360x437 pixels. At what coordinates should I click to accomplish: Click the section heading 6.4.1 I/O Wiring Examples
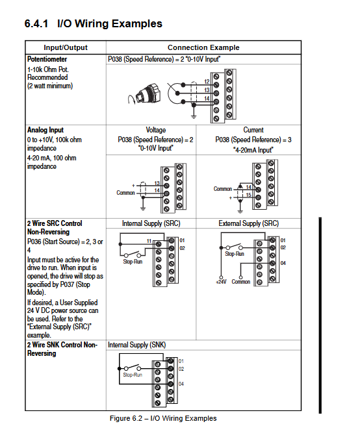(x=93, y=23)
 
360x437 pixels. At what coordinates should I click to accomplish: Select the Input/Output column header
(x=66, y=47)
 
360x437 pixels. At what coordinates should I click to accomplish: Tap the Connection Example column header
(x=203, y=47)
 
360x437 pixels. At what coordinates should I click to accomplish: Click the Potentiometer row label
(x=47, y=59)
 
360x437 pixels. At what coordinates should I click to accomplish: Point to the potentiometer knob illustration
(x=144, y=94)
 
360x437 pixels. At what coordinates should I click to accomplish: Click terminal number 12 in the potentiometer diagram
(x=207, y=82)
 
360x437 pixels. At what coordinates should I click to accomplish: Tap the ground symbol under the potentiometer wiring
(x=194, y=116)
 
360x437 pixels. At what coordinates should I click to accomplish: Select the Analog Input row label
(x=45, y=130)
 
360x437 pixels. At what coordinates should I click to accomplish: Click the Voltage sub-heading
(x=155, y=130)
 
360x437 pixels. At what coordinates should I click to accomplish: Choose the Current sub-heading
(x=253, y=130)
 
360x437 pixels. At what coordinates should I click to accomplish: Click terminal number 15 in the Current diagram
(x=248, y=195)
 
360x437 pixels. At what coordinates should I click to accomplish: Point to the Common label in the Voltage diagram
(x=125, y=193)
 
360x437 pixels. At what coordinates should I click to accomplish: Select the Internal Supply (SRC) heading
(x=151, y=223)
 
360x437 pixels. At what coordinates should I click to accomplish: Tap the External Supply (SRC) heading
(x=248, y=223)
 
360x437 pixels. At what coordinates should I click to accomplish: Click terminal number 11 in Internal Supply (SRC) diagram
(x=149, y=241)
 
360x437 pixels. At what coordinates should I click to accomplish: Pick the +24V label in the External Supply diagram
(x=221, y=282)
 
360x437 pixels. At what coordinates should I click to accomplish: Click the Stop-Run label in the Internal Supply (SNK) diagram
(x=133, y=375)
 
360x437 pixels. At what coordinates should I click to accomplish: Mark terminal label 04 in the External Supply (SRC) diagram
(x=283, y=263)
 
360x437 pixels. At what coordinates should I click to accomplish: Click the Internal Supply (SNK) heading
(x=137, y=345)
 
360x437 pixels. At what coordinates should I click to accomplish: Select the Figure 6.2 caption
(x=163, y=418)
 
